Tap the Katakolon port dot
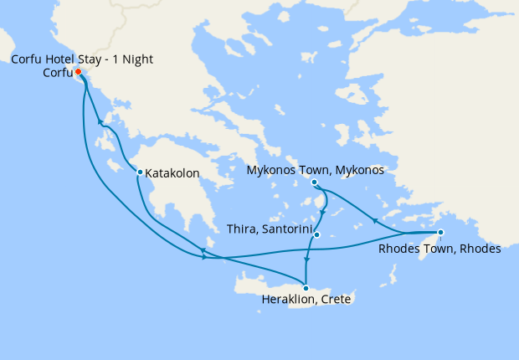click(x=140, y=172)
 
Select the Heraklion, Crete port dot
click(x=306, y=288)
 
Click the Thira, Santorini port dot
click(x=316, y=234)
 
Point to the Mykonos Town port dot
click(x=314, y=183)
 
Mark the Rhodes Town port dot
click(x=441, y=233)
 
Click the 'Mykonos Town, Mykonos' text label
click(x=316, y=170)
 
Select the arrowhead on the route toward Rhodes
click(x=374, y=222)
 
